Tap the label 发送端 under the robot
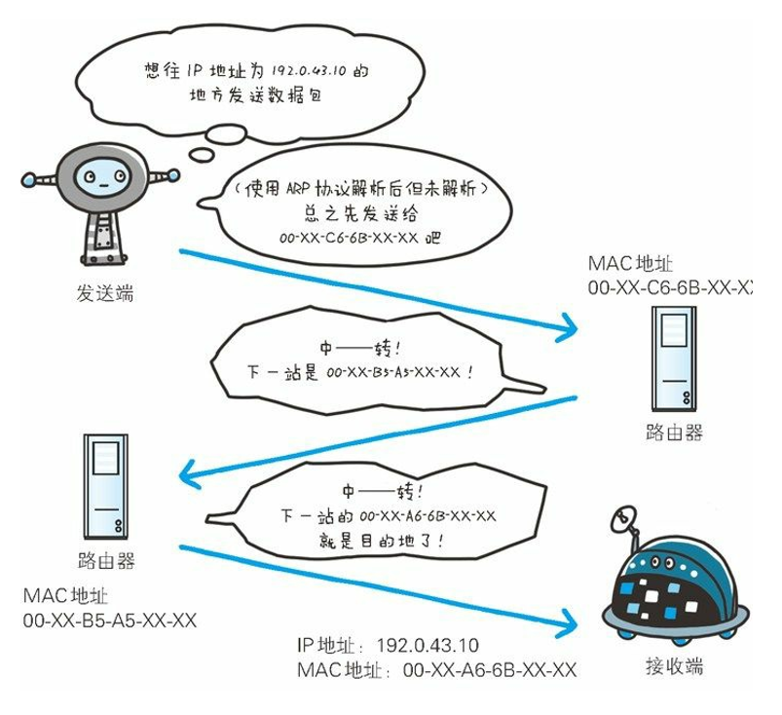point(104,293)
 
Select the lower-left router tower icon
point(105,486)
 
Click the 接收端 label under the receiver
point(673,666)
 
